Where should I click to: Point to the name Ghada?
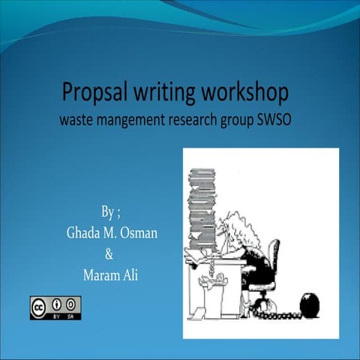85,232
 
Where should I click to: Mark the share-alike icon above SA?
72,304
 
